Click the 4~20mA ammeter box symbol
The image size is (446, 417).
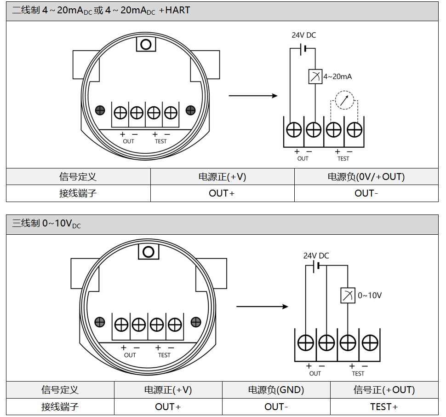(x=315, y=76)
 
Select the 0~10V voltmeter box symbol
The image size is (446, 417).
(x=348, y=295)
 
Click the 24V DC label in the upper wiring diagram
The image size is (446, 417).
(x=304, y=35)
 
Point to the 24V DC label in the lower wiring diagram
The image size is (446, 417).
(x=316, y=255)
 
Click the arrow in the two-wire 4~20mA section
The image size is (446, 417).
(x=253, y=96)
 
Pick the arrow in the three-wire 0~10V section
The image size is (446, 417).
(x=262, y=307)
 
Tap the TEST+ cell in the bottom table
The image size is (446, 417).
(x=384, y=407)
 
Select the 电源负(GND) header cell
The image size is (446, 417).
(x=276, y=390)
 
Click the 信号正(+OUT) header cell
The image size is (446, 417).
(x=384, y=390)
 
